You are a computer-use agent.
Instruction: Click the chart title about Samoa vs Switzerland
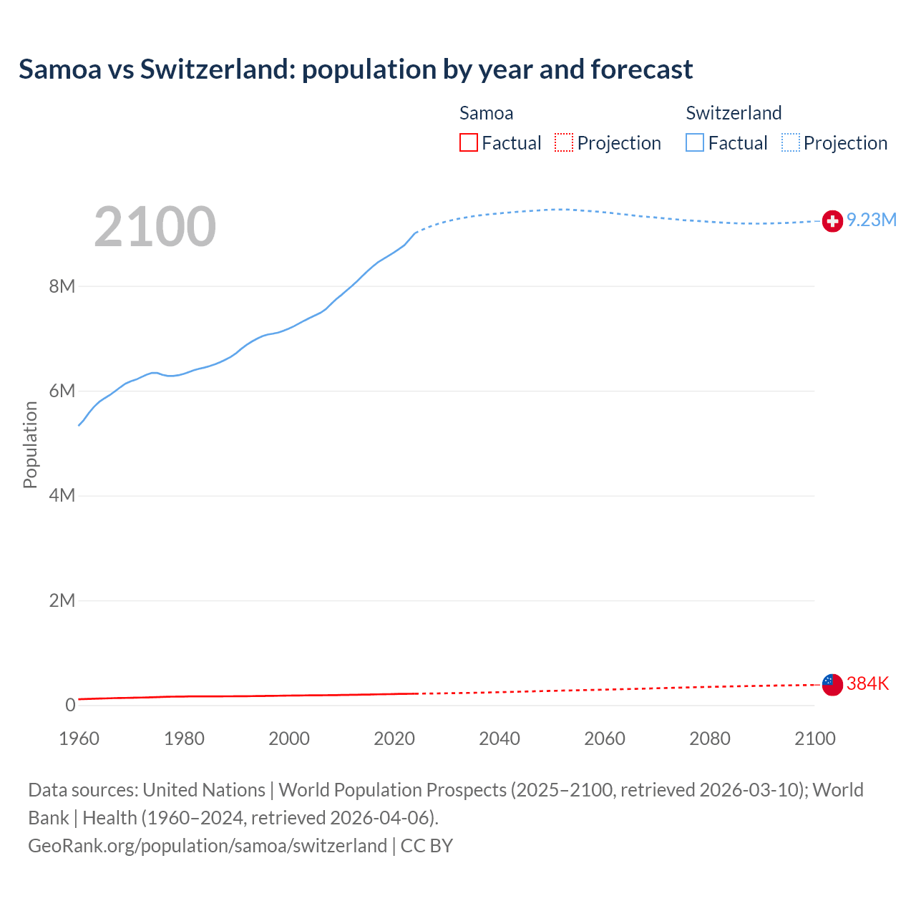click(x=355, y=69)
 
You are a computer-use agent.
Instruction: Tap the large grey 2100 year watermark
click(x=155, y=227)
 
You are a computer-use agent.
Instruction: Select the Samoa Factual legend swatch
click(x=468, y=142)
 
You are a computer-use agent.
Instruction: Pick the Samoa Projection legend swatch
click(x=564, y=142)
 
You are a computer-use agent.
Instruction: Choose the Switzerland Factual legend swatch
click(x=695, y=142)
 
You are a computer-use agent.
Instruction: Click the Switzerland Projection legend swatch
click(x=791, y=142)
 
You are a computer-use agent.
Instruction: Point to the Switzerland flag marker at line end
click(x=832, y=222)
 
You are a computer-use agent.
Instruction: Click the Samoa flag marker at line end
click(x=832, y=685)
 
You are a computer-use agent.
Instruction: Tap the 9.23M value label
click(x=871, y=220)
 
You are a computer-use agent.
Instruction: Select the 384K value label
click(x=867, y=683)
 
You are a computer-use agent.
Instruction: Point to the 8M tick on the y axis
click(x=62, y=286)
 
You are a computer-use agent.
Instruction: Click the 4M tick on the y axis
click(x=62, y=495)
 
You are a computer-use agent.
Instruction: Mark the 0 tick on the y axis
click(x=70, y=705)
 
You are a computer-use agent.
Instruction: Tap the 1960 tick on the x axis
click(x=79, y=739)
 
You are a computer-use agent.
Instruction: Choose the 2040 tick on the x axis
click(x=500, y=739)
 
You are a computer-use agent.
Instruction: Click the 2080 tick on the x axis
click(x=710, y=739)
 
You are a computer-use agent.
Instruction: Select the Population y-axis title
click(x=30, y=444)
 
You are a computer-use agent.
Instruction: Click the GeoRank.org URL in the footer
click(x=208, y=845)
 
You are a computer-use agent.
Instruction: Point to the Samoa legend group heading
click(x=486, y=113)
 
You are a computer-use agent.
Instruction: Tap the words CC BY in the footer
click(x=427, y=845)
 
